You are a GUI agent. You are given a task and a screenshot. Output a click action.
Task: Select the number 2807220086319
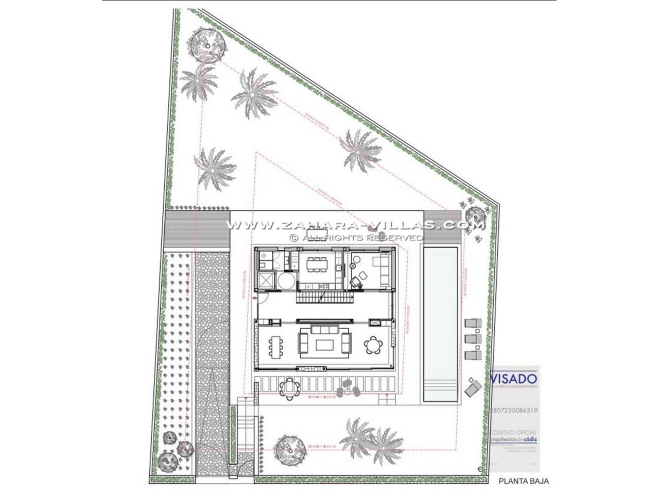tap(514, 411)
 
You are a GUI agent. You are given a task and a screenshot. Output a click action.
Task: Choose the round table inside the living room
tap(373, 344)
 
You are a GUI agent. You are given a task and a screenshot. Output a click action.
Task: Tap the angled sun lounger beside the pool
tap(473, 387)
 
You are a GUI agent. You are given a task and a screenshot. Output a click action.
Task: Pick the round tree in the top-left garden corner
tap(207, 45)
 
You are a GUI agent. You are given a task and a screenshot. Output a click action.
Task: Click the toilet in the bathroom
tap(263, 265)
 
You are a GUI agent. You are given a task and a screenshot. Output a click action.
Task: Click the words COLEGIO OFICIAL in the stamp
tap(514, 432)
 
